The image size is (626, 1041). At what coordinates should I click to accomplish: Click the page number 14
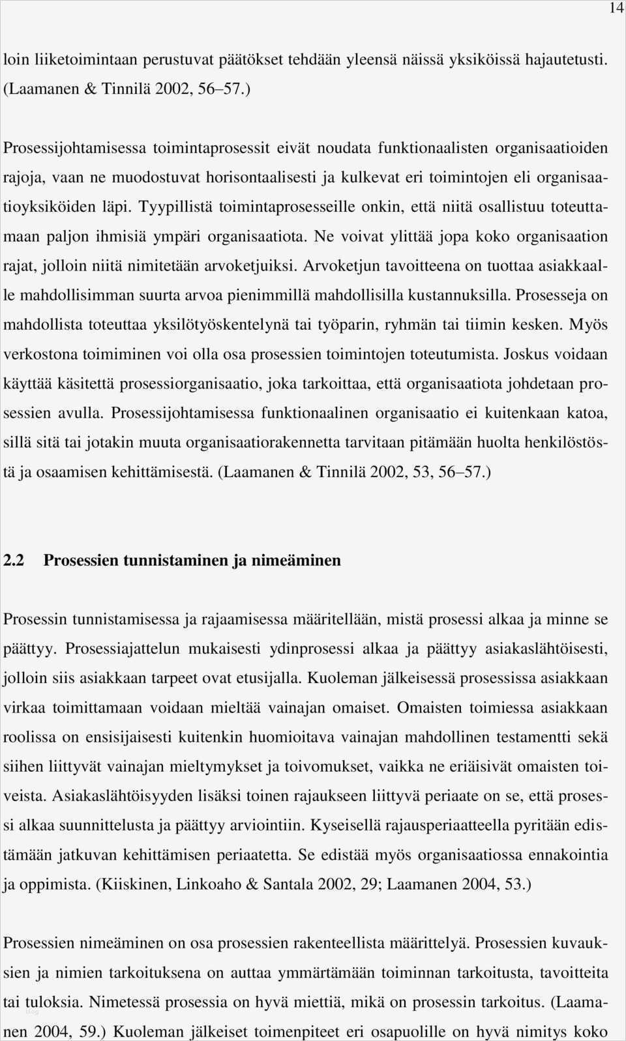point(616,8)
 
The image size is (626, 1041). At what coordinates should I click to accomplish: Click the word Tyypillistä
point(176,207)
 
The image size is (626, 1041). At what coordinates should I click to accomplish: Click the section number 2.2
point(14,561)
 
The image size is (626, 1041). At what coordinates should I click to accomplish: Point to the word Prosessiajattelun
point(126,649)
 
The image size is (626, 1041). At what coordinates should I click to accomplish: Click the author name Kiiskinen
point(134,885)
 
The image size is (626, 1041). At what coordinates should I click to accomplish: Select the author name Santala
point(288,885)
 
